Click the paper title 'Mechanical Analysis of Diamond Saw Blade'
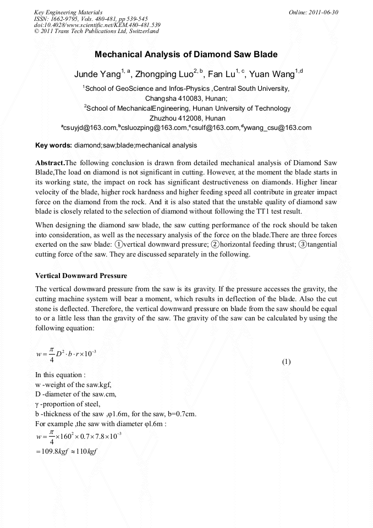186,55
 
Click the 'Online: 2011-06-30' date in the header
313,12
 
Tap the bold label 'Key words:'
53,145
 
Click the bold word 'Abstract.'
50,163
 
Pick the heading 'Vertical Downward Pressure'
81,275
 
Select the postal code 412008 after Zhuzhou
193,118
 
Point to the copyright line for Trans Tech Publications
96,31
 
